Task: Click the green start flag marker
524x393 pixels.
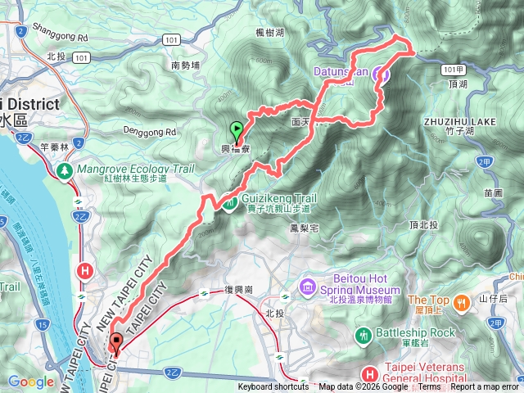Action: (237, 129)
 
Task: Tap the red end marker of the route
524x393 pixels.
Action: (115, 343)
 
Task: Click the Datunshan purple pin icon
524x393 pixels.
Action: (381, 75)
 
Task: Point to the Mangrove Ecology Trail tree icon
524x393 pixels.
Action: (64, 169)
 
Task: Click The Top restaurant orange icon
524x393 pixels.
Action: (463, 300)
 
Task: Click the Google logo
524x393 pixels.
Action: (30, 382)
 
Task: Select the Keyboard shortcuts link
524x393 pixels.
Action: (273, 387)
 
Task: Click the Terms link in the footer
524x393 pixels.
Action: (429, 387)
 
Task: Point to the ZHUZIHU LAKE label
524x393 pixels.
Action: (459, 121)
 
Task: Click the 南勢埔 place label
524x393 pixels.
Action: (186, 64)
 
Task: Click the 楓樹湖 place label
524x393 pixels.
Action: (269, 32)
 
